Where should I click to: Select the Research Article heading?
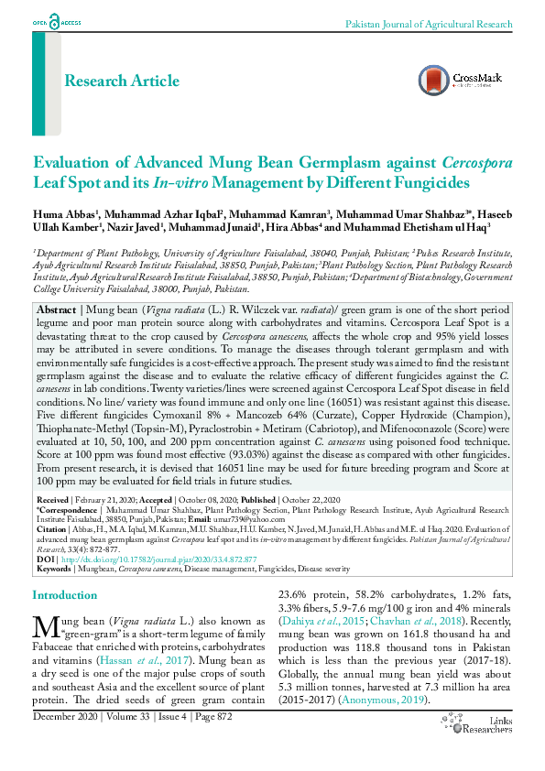click(x=122, y=81)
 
